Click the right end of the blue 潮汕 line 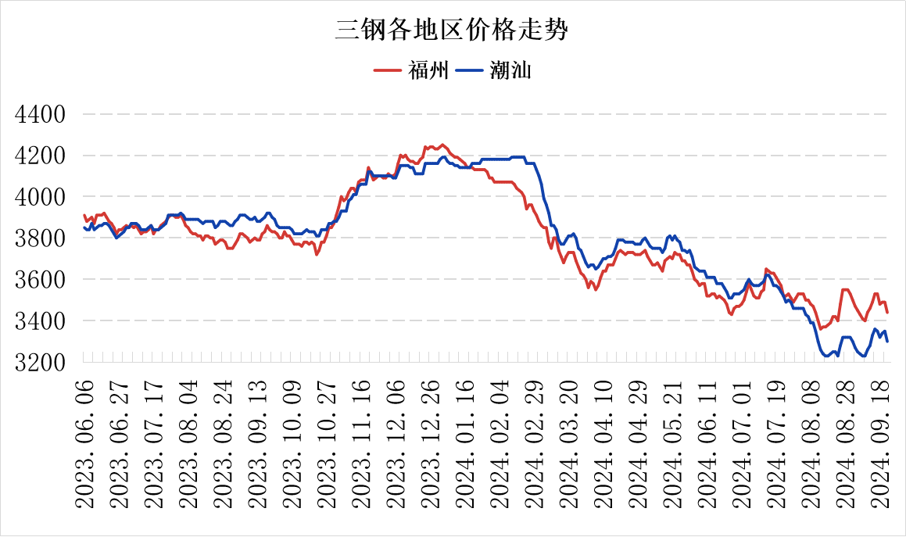click(x=887, y=342)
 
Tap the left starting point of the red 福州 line click(x=84, y=214)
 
